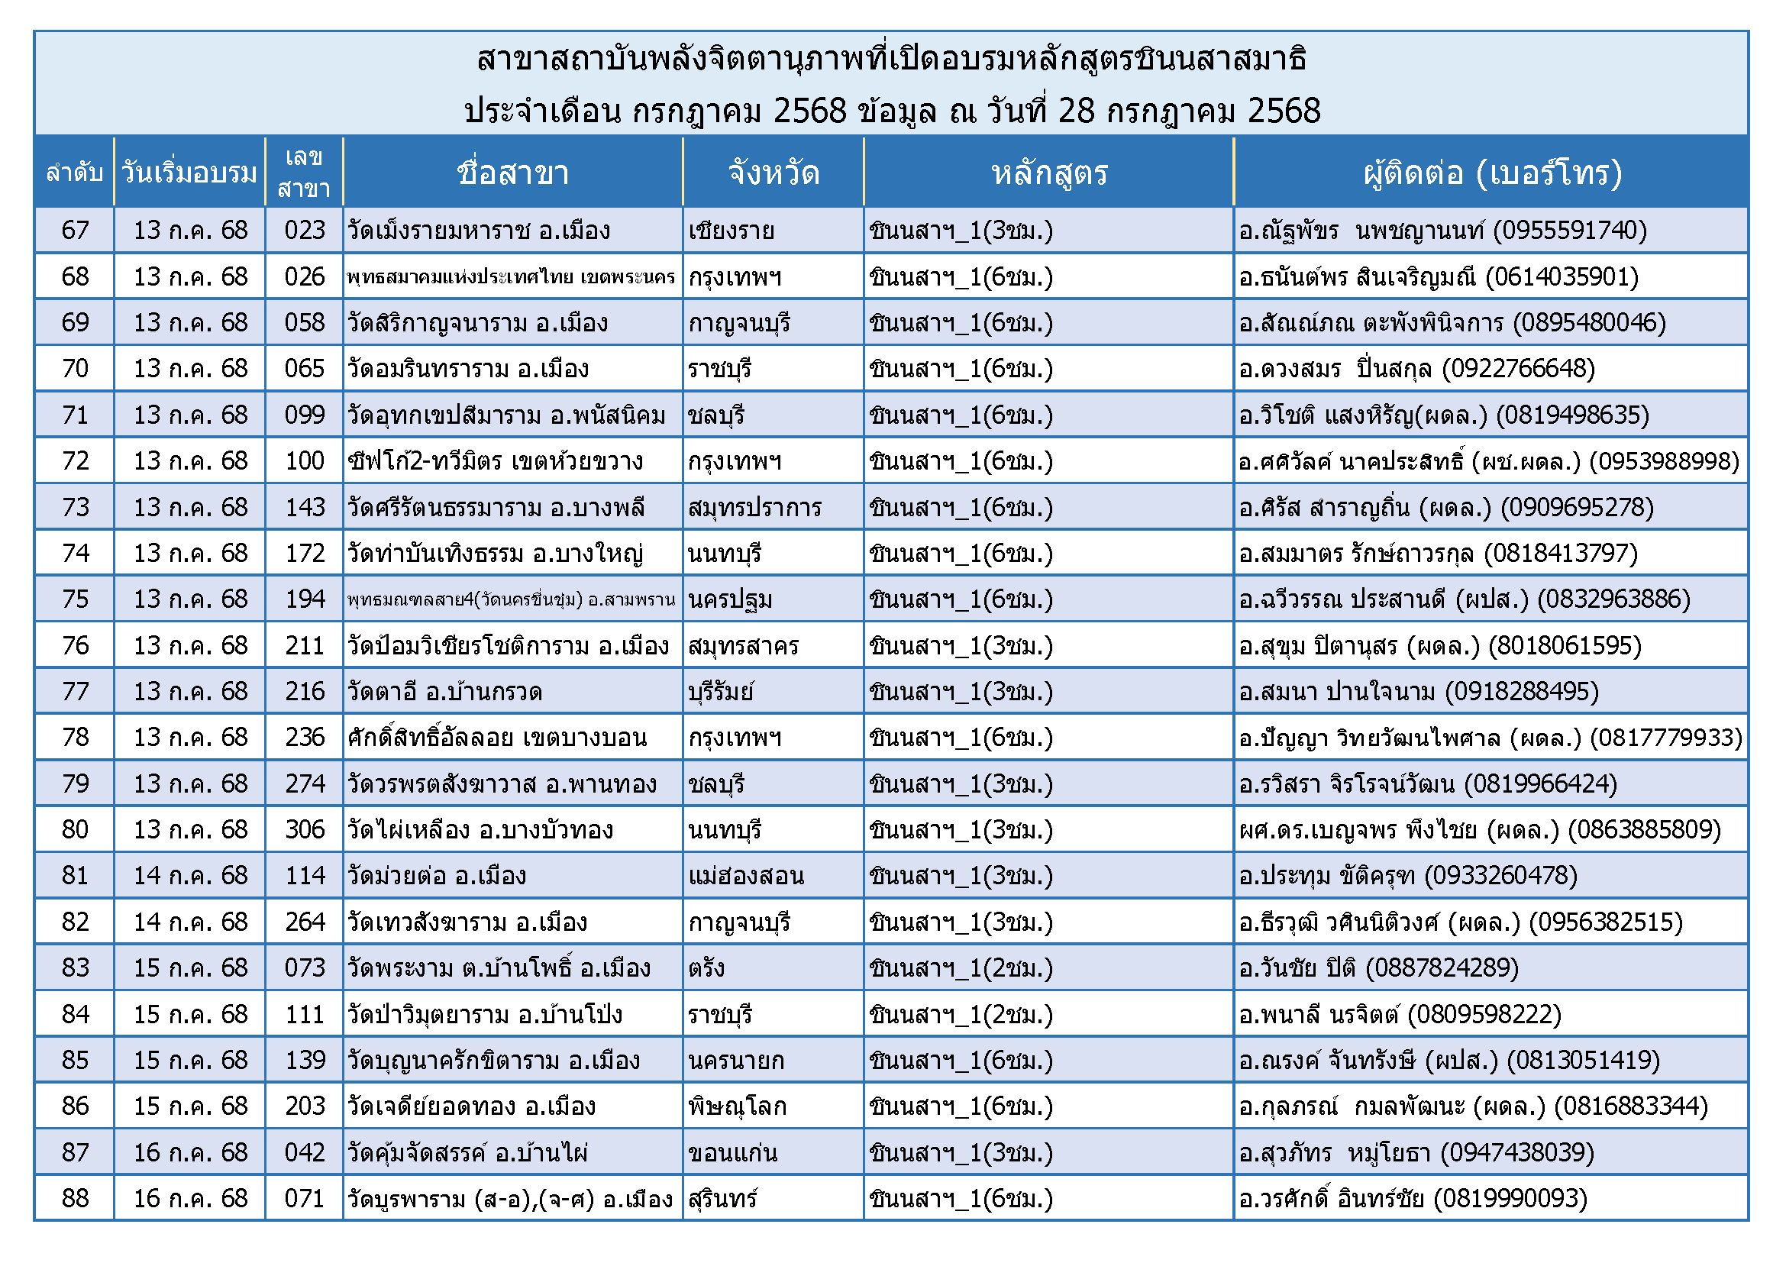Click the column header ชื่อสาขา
512,173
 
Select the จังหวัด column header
774,173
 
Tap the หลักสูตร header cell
1048,173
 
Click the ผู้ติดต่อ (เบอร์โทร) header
1491,173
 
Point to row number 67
75,230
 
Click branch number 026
304,277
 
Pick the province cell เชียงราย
732,231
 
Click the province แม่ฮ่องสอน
746,876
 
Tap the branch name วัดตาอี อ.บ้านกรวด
445,691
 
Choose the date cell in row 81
191,876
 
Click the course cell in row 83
961,968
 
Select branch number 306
304,830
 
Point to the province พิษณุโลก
738,1106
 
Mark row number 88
75,1198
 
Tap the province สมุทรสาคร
743,645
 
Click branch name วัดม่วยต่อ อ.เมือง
438,876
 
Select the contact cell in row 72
1489,461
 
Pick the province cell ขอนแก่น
733,1152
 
